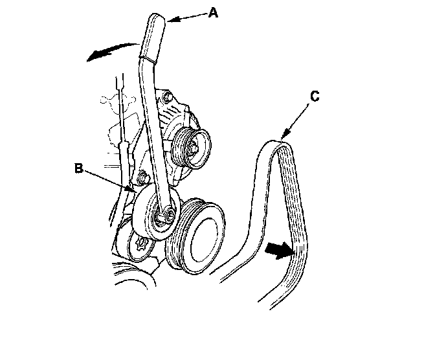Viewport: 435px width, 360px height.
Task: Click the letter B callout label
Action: (x=78, y=168)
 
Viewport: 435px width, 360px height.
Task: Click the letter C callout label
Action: (x=314, y=96)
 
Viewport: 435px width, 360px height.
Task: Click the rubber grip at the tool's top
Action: (x=154, y=37)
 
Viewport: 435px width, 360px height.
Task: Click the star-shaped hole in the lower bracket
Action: (x=141, y=247)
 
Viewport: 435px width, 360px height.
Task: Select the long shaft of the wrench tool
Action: (x=152, y=123)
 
